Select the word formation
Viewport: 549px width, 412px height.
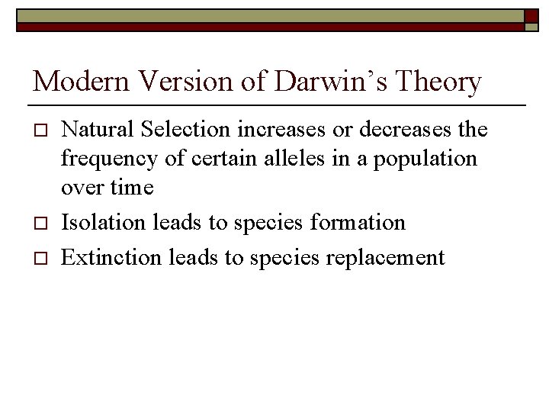tap(358, 222)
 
